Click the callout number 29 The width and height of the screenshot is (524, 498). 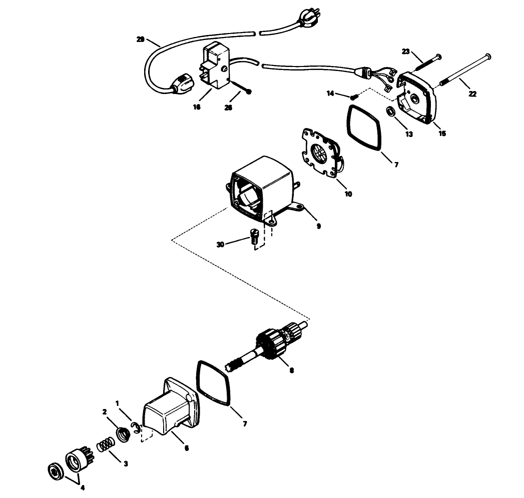(141, 38)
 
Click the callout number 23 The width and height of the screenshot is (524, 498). (406, 51)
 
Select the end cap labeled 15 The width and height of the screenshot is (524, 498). (417, 98)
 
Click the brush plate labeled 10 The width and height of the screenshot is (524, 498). (321, 154)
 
